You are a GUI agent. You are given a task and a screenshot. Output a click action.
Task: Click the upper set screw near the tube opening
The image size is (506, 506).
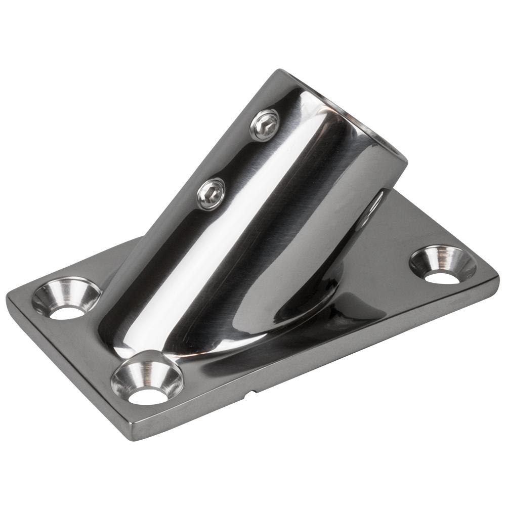265,124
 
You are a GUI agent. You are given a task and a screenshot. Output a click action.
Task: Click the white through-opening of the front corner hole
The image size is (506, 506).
148,396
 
